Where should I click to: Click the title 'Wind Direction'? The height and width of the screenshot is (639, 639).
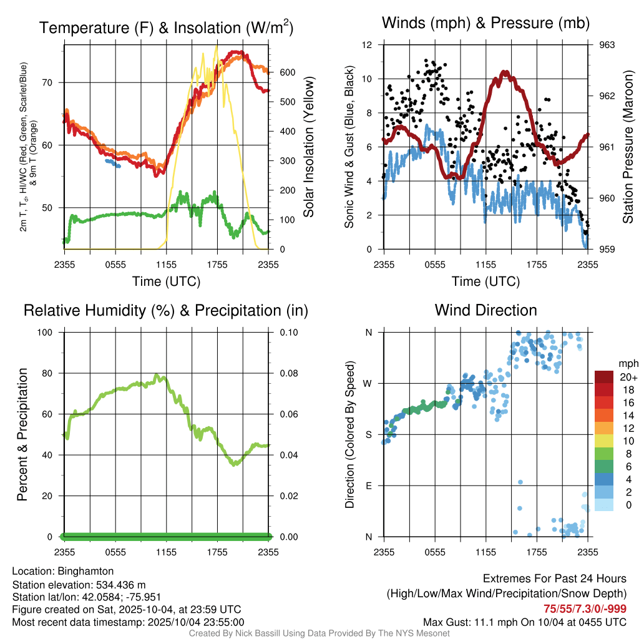point(485,310)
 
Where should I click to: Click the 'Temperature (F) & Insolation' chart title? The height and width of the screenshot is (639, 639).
point(166,28)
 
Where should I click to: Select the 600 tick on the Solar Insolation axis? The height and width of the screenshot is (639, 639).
point(287,72)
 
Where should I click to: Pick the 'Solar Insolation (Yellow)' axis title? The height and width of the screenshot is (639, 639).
point(308,147)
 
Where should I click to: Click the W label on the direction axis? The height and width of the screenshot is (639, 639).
point(368,383)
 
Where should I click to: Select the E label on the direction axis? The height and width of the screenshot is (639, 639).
point(368,485)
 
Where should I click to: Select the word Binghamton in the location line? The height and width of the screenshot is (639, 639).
point(85,571)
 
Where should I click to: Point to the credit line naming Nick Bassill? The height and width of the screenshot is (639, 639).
point(319,633)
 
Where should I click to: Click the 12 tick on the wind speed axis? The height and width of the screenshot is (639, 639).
point(368,45)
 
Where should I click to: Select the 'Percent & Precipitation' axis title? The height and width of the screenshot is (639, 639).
point(22,434)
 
